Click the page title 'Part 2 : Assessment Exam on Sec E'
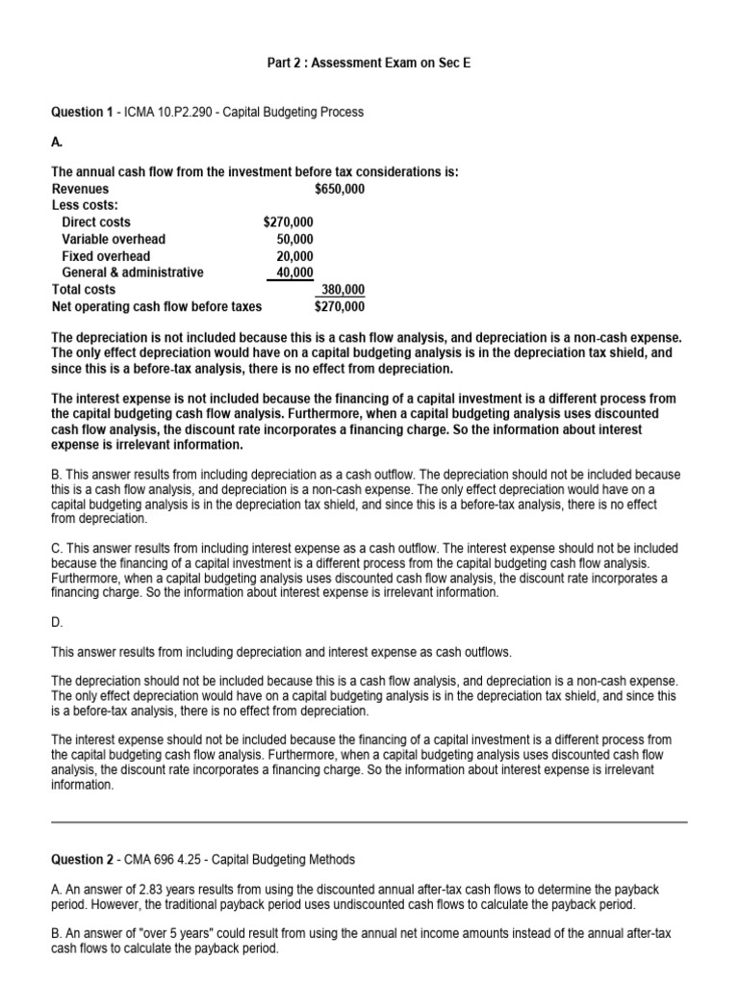pos(369,64)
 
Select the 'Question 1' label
pos(82,113)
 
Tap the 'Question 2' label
pos(82,860)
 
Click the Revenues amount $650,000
pos(339,189)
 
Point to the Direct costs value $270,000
pos(288,222)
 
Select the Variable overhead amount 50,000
pos(294,239)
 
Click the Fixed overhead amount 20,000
pos(294,256)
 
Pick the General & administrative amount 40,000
pos(294,272)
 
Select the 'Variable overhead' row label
pos(114,239)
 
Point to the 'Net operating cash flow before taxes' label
pos(157,307)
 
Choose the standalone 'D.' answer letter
pos(57,624)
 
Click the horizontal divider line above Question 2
pos(369,822)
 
